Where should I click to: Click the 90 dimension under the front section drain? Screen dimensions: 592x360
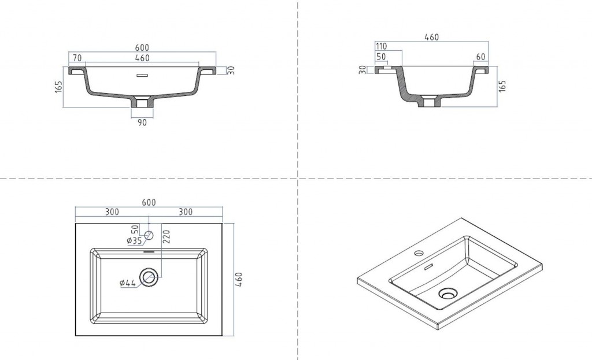point(142,123)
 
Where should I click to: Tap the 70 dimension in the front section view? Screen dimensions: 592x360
point(77,58)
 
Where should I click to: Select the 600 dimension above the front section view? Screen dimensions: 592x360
point(142,47)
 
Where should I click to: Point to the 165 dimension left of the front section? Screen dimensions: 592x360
point(58,87)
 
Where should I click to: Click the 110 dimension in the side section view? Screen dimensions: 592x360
point(382,46)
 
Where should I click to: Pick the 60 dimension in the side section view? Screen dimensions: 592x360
point(480,57)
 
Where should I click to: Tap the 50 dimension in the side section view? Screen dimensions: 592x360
point(382,57)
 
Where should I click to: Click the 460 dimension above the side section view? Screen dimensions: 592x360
point(431,37)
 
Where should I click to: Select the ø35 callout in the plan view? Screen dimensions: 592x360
point(134,240)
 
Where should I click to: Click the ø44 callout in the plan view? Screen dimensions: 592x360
point(128,283)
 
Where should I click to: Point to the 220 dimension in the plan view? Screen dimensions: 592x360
point(166,236)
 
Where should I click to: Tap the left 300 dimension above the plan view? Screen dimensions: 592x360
point(112,211)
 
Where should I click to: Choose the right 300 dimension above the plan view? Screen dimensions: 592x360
point(186,211)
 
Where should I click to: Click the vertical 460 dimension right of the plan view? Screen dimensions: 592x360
point(239,280)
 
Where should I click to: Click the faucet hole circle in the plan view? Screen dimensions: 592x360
point(149,235)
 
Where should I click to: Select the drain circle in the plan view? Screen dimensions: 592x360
point(149,277)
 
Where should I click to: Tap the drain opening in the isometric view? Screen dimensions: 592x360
point(448,293)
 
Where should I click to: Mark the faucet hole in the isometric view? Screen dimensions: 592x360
point(419,253)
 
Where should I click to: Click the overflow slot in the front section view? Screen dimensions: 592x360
point(142,76)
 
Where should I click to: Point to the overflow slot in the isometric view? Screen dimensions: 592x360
point(428,267)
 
